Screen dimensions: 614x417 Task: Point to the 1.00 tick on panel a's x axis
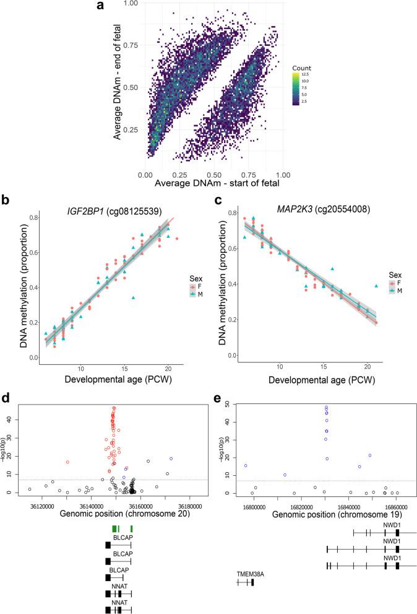282,176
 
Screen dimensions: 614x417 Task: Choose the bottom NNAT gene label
119,603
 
